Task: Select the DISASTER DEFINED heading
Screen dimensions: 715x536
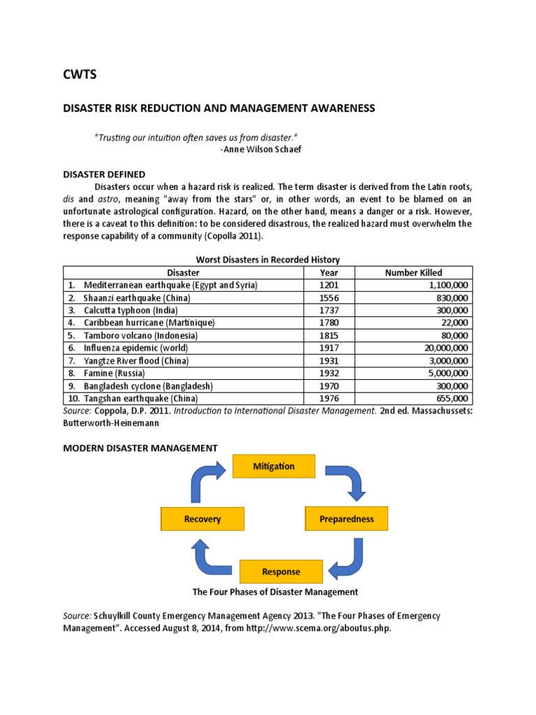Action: click(104, 174)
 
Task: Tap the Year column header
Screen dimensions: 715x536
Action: click(329, 272)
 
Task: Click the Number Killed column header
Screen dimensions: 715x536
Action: click(413, 272)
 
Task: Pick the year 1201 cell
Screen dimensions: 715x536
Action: click(329, 285)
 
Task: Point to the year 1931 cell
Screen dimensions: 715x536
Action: click(329, 360)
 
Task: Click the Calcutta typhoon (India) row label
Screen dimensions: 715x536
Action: click(131, 310)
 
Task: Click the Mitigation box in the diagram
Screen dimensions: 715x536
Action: click(274, 466)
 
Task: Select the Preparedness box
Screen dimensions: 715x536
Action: click(346, 519)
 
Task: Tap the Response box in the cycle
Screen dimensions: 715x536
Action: click(281, 571)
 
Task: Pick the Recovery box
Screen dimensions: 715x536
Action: click(202, 519)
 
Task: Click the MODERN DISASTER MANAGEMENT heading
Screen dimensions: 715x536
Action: click(140, 448)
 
